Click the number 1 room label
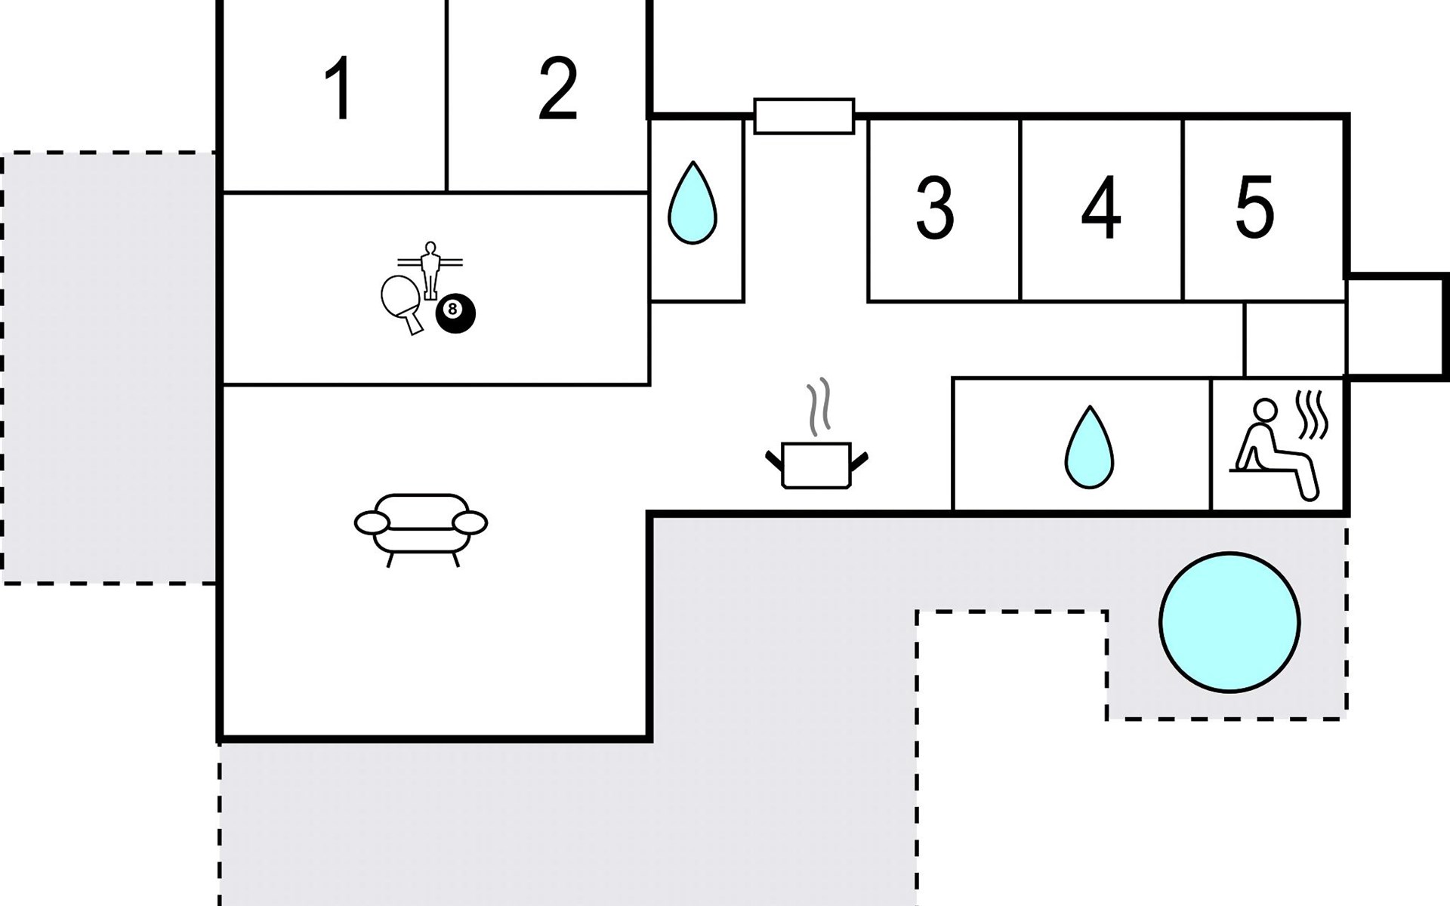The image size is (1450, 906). tap(339, 88)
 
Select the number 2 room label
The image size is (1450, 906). tap(558, 88)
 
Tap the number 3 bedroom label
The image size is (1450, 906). tap(935, 208)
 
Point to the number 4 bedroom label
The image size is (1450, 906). tap(1101, 208)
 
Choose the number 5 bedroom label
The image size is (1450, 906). tap(1254, 206)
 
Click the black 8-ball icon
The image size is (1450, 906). tap(455, 313)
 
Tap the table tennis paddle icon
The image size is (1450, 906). tap(402, 304)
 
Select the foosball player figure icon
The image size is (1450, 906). tap(430, 270)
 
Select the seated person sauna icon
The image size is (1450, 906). tap(1275, 451)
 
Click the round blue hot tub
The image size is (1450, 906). tap(1229, 622)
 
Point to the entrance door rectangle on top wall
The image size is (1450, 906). tap(804, 116)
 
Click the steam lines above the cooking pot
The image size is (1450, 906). tap(818, 408)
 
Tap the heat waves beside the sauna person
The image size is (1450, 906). tap(1313, 414)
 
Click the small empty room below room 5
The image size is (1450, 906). tap(1294, 339)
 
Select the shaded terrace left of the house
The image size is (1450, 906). tap(110, 368)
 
